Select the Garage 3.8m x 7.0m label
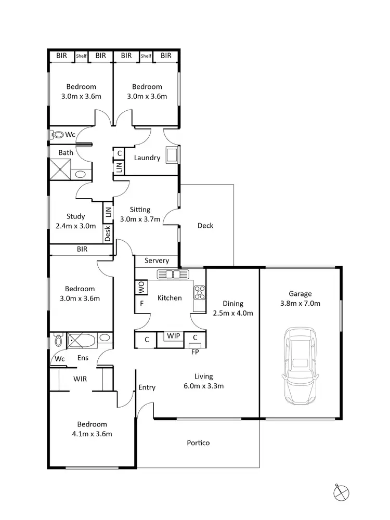[x=301, y=298]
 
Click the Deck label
[x=205, y=226]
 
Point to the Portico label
[x=198, y=443]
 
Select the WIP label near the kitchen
[x=174, y=336]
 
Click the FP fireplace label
[x=195, y=351]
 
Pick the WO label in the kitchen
[x=141, y=287]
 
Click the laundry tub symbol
[x=171, y=154]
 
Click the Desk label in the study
[x=108, y=233]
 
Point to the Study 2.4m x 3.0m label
[x=76, y=221]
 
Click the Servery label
[x=157, y=261]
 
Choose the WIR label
[x=80, y=379]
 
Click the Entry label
[x=147, y=387]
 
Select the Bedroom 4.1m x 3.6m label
[x=93, y=429]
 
